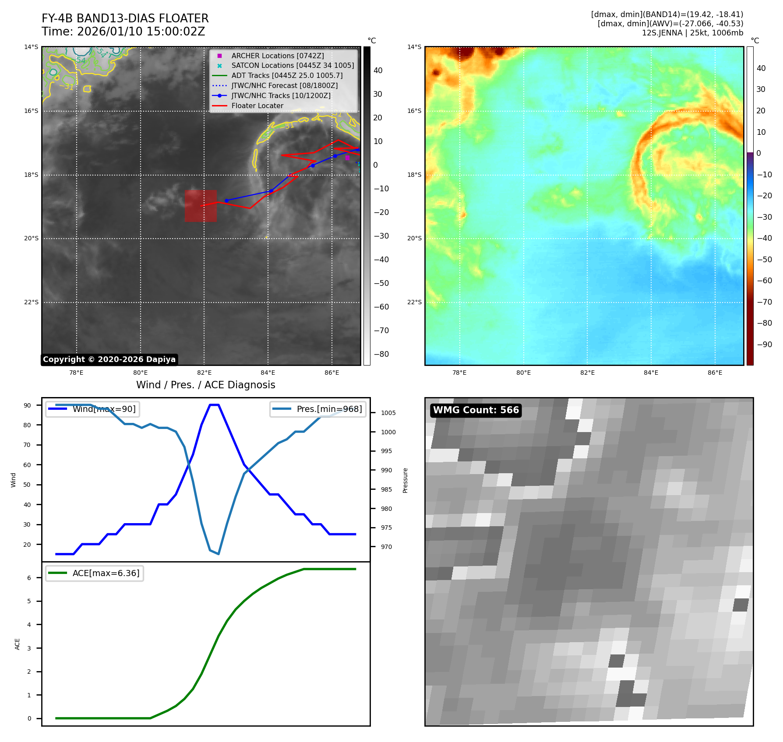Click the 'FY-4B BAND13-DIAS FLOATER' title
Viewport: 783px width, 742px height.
point(125,18)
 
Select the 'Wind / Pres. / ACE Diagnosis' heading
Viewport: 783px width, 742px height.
point(205,385)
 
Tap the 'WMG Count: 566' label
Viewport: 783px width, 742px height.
point(476,410)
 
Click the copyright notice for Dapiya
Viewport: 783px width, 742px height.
point(109,359)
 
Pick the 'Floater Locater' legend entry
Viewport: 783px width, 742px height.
point(257,106)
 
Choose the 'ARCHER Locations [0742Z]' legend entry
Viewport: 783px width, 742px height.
point(278,56)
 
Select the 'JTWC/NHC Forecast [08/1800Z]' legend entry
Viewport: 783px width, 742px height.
point(284,86)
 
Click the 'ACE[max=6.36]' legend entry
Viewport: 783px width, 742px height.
point(106,573)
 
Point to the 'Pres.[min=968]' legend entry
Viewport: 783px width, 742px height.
point(329,409)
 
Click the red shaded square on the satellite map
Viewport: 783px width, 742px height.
point(201,206)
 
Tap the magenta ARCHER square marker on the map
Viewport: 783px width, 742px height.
point(347,158)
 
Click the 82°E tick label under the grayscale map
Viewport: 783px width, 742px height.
point(204,373)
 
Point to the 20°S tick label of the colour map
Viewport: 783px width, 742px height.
point(414,239)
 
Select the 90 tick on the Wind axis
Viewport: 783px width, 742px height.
point(27,405)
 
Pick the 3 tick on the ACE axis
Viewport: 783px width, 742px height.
point(29,648)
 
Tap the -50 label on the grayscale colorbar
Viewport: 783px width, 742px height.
point(381,283)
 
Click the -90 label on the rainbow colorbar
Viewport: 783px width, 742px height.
point(765,345)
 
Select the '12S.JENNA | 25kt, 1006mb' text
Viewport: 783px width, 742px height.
point(692,33)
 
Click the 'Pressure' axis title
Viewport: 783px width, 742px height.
point(406,480)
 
